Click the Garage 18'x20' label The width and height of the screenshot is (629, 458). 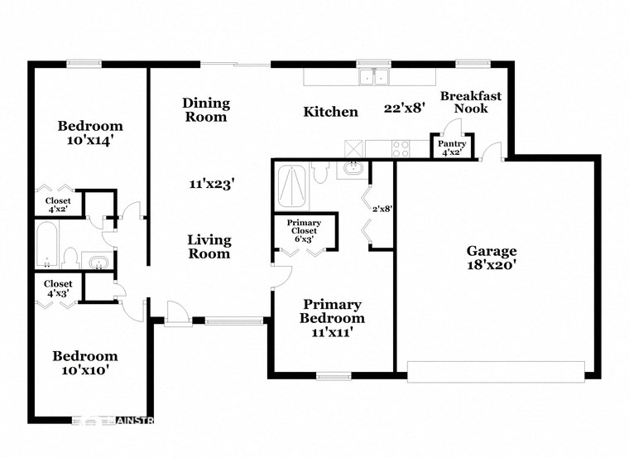491,258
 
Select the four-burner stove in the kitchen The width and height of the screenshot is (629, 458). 400,148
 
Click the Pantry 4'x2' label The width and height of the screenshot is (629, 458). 452,147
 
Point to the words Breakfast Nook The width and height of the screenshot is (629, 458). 470,102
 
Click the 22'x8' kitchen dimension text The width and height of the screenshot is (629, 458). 405,108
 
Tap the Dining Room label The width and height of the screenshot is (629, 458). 206,109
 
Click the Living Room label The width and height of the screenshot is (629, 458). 209,247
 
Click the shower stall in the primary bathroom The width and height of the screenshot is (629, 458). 291,186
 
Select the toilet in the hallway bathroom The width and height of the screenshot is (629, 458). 71,258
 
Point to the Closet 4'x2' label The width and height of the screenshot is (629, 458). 58,205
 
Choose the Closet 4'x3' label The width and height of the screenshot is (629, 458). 58,288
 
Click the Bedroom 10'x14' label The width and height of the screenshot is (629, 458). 89,133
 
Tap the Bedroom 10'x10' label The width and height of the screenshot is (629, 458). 85,363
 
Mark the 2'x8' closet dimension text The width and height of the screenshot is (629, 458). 382,209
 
